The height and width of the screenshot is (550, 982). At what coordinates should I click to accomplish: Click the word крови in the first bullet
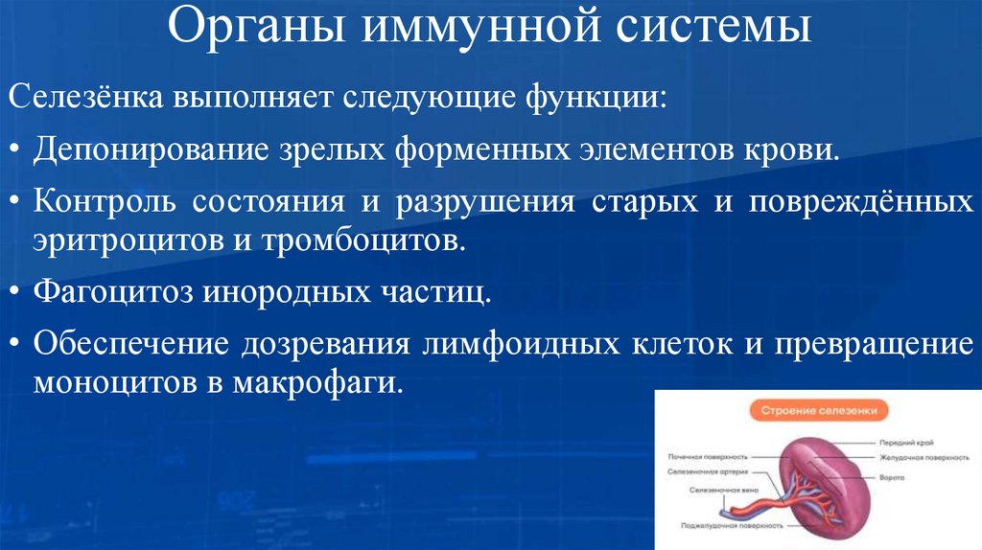(x=794, y=150)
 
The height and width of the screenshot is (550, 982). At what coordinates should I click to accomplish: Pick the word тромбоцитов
(x=362, y=240)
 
